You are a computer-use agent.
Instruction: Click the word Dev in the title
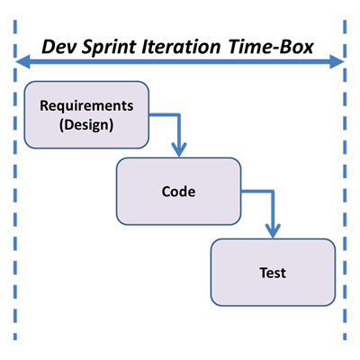click(58, 47)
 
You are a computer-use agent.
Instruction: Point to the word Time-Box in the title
click(271, 47)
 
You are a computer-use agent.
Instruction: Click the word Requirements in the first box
click(86, 106)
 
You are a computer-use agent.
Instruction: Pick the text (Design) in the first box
click(86, 125)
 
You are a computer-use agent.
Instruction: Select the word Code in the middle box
click(178, 192)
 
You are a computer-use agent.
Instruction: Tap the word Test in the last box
click(273, 273)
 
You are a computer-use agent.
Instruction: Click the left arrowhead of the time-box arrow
click(22, 62)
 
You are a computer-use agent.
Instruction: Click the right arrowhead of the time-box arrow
click(337, 62)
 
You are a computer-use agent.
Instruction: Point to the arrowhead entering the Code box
click(179, 149)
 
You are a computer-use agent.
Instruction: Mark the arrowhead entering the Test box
click(273, 230)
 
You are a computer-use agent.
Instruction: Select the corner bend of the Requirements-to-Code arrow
click(179, 114)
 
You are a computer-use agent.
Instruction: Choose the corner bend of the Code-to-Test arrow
click(273, 191)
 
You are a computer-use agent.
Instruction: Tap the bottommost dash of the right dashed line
click(345, 336)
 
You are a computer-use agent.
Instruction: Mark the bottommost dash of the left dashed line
click(15, 336)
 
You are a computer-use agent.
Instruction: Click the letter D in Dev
click(49, 47)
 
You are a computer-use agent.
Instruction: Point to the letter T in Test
click(264, 273)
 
